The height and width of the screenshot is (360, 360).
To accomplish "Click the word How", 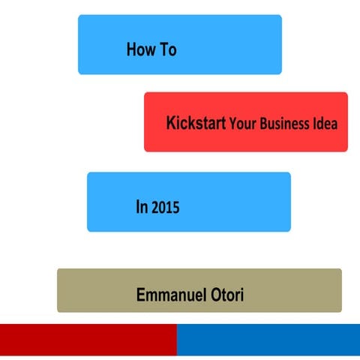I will [141, 50].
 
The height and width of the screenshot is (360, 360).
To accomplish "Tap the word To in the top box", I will [167, 50].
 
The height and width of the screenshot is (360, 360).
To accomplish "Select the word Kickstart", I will [196, 122].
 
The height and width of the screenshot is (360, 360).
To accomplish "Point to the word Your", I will [244, 124].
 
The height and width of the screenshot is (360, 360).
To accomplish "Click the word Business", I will [283, 123].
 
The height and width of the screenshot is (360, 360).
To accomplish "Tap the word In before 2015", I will [141, 208].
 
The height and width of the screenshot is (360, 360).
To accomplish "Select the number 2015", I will [165, 208].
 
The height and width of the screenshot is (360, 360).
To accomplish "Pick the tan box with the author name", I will [90, 290].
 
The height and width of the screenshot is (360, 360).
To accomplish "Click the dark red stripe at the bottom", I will [88, 340].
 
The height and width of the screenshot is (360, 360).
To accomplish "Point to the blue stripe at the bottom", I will [268, 340].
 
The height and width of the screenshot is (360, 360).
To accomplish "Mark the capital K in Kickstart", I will [172, 122].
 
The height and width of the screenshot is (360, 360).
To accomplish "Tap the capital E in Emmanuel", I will [141, 294].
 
